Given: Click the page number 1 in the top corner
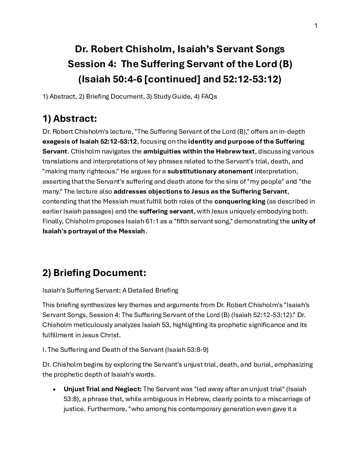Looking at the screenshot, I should [316, 26].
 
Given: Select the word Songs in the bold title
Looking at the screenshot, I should [269, 49].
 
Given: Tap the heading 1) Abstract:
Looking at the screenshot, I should [69, 118].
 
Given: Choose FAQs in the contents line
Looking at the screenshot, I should [209, 97].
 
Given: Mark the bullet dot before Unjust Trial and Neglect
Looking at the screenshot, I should [54, 389].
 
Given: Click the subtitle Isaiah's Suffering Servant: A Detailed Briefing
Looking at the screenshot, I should [110, 291].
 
